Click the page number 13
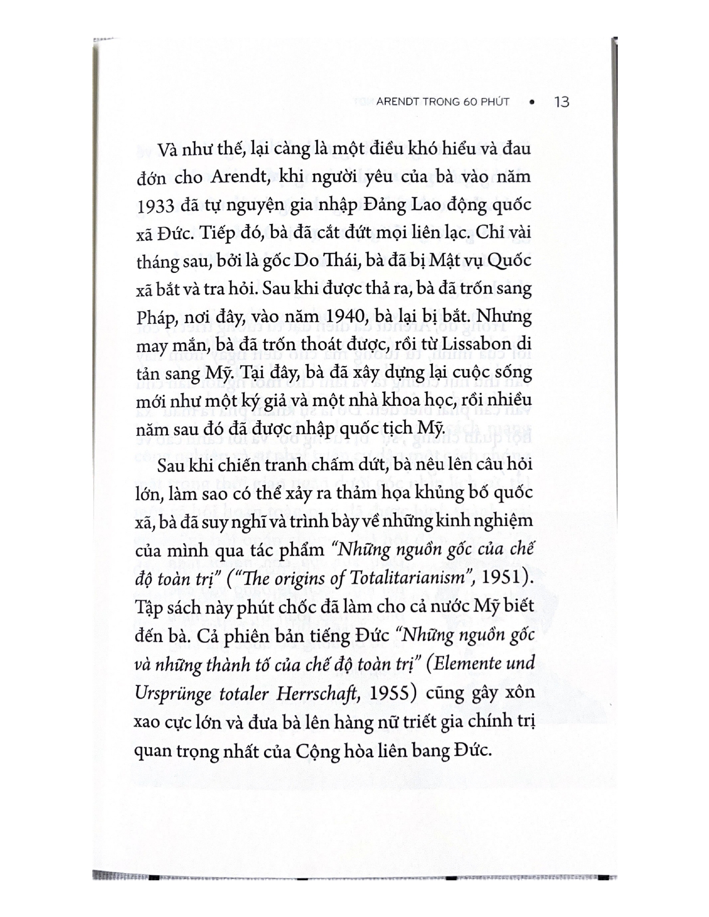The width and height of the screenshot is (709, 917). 562,102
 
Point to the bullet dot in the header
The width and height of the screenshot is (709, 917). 532,102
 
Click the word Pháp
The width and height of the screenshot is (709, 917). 152,318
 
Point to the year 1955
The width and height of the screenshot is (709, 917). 393,693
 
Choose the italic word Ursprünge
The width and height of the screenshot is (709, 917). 170,693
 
